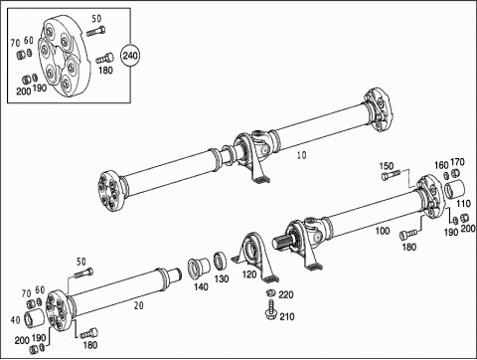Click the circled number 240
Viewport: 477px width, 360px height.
click(x=130, y=55)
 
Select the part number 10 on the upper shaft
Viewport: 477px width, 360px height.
click(x=302, y=155)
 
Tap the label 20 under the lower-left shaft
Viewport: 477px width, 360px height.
click(x=139, y=305)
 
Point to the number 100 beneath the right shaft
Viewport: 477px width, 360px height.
click(x=383, y=231)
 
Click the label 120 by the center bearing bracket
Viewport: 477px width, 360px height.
click(x=249, y=274)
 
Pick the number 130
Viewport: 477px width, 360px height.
click(x=222, y=278)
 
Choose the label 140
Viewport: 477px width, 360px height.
click(x=201, y=286)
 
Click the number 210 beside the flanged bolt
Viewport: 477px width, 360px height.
click(x=287, y=317)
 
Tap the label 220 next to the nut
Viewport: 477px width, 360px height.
click(x=285, y=294)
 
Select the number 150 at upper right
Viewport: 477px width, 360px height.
click(x=387, y=166)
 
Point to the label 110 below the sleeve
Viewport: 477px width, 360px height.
click(x=463, y=204)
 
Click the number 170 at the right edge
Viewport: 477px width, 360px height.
click(x=458, y=162)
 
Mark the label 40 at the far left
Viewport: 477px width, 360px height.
click(x=16, y=320)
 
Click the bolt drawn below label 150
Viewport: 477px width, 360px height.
click(x=391, y=175)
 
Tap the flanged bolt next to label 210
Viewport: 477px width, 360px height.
click(x=270, y=310)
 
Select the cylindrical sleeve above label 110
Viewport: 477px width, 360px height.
click(x=454, y=190)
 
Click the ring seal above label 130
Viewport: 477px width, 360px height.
click(x=220, y=261)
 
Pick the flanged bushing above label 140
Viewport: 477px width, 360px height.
click(x=199, y=268)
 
